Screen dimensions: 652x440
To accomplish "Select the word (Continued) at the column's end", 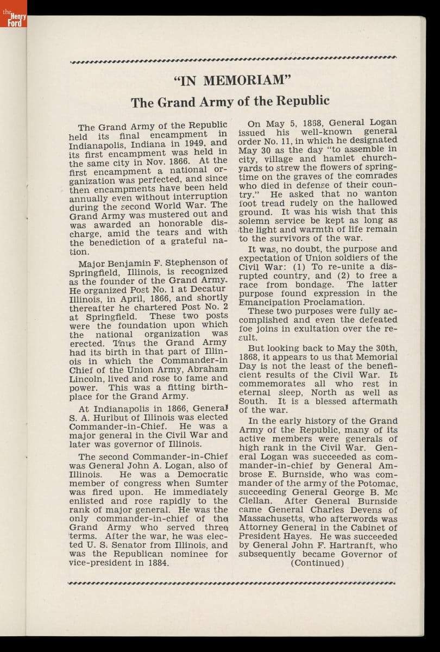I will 317,563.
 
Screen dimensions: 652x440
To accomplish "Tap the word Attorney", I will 257,528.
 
